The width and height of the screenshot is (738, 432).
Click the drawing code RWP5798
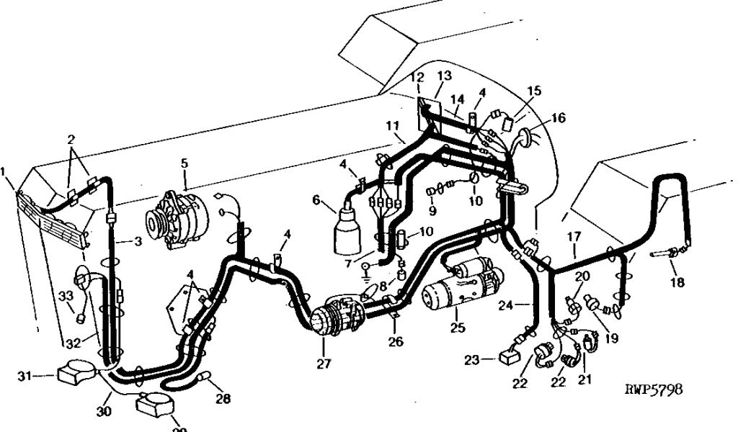coord(653,390)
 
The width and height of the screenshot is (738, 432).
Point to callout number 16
coord(559,118)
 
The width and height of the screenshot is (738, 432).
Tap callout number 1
coord(4,172)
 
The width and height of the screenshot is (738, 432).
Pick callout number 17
coord(574,235)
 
